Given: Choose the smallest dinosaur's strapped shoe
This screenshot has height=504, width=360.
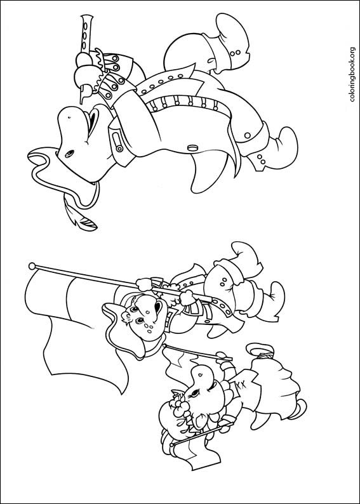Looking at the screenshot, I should tap(260, 349).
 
